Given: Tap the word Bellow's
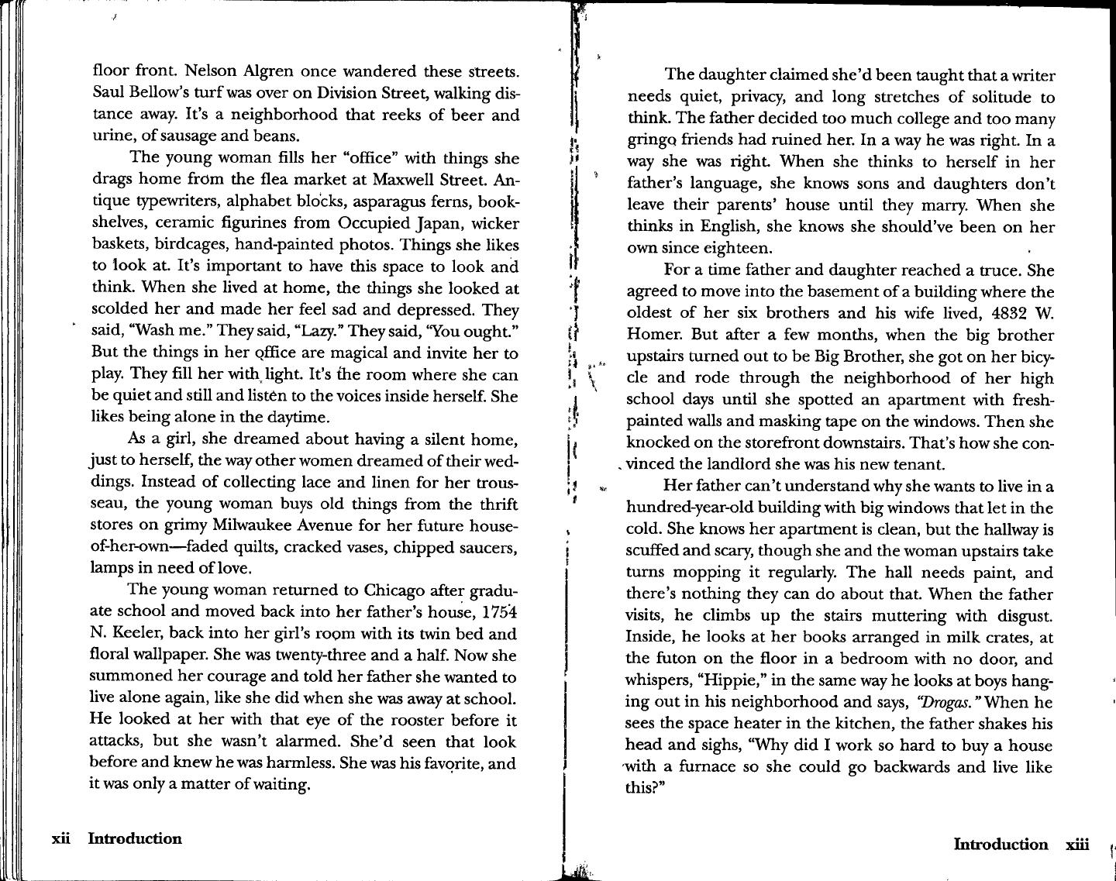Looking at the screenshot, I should coord(151,94).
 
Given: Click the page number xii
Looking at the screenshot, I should coord(61,838).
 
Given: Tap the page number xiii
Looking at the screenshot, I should coord(1077,845).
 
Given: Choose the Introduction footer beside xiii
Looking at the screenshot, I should coord(1001,845).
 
